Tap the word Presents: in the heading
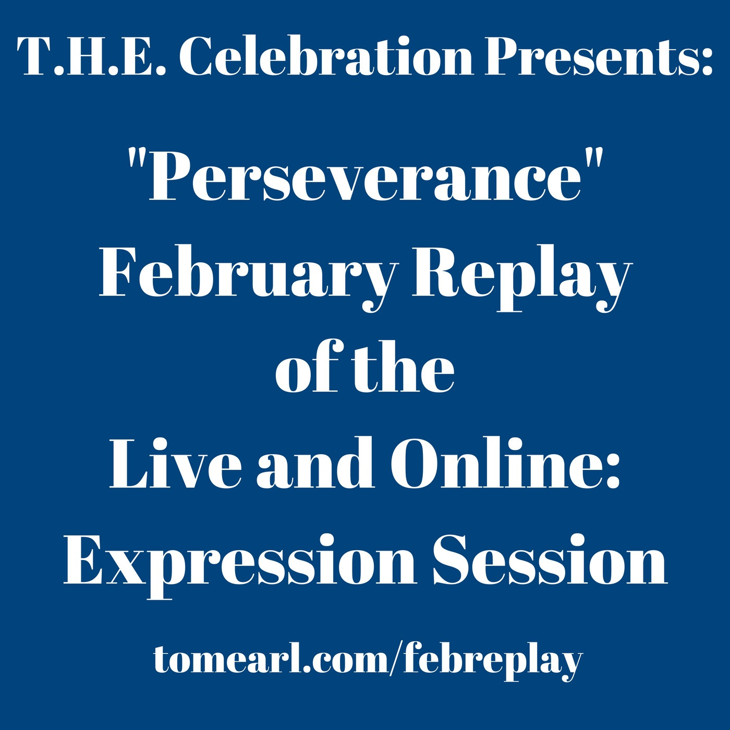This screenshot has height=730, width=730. click(x=599, y=56)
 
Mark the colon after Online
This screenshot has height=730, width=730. click(x=613, y=469)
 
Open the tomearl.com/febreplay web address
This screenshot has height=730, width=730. click(x=368, y=660)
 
